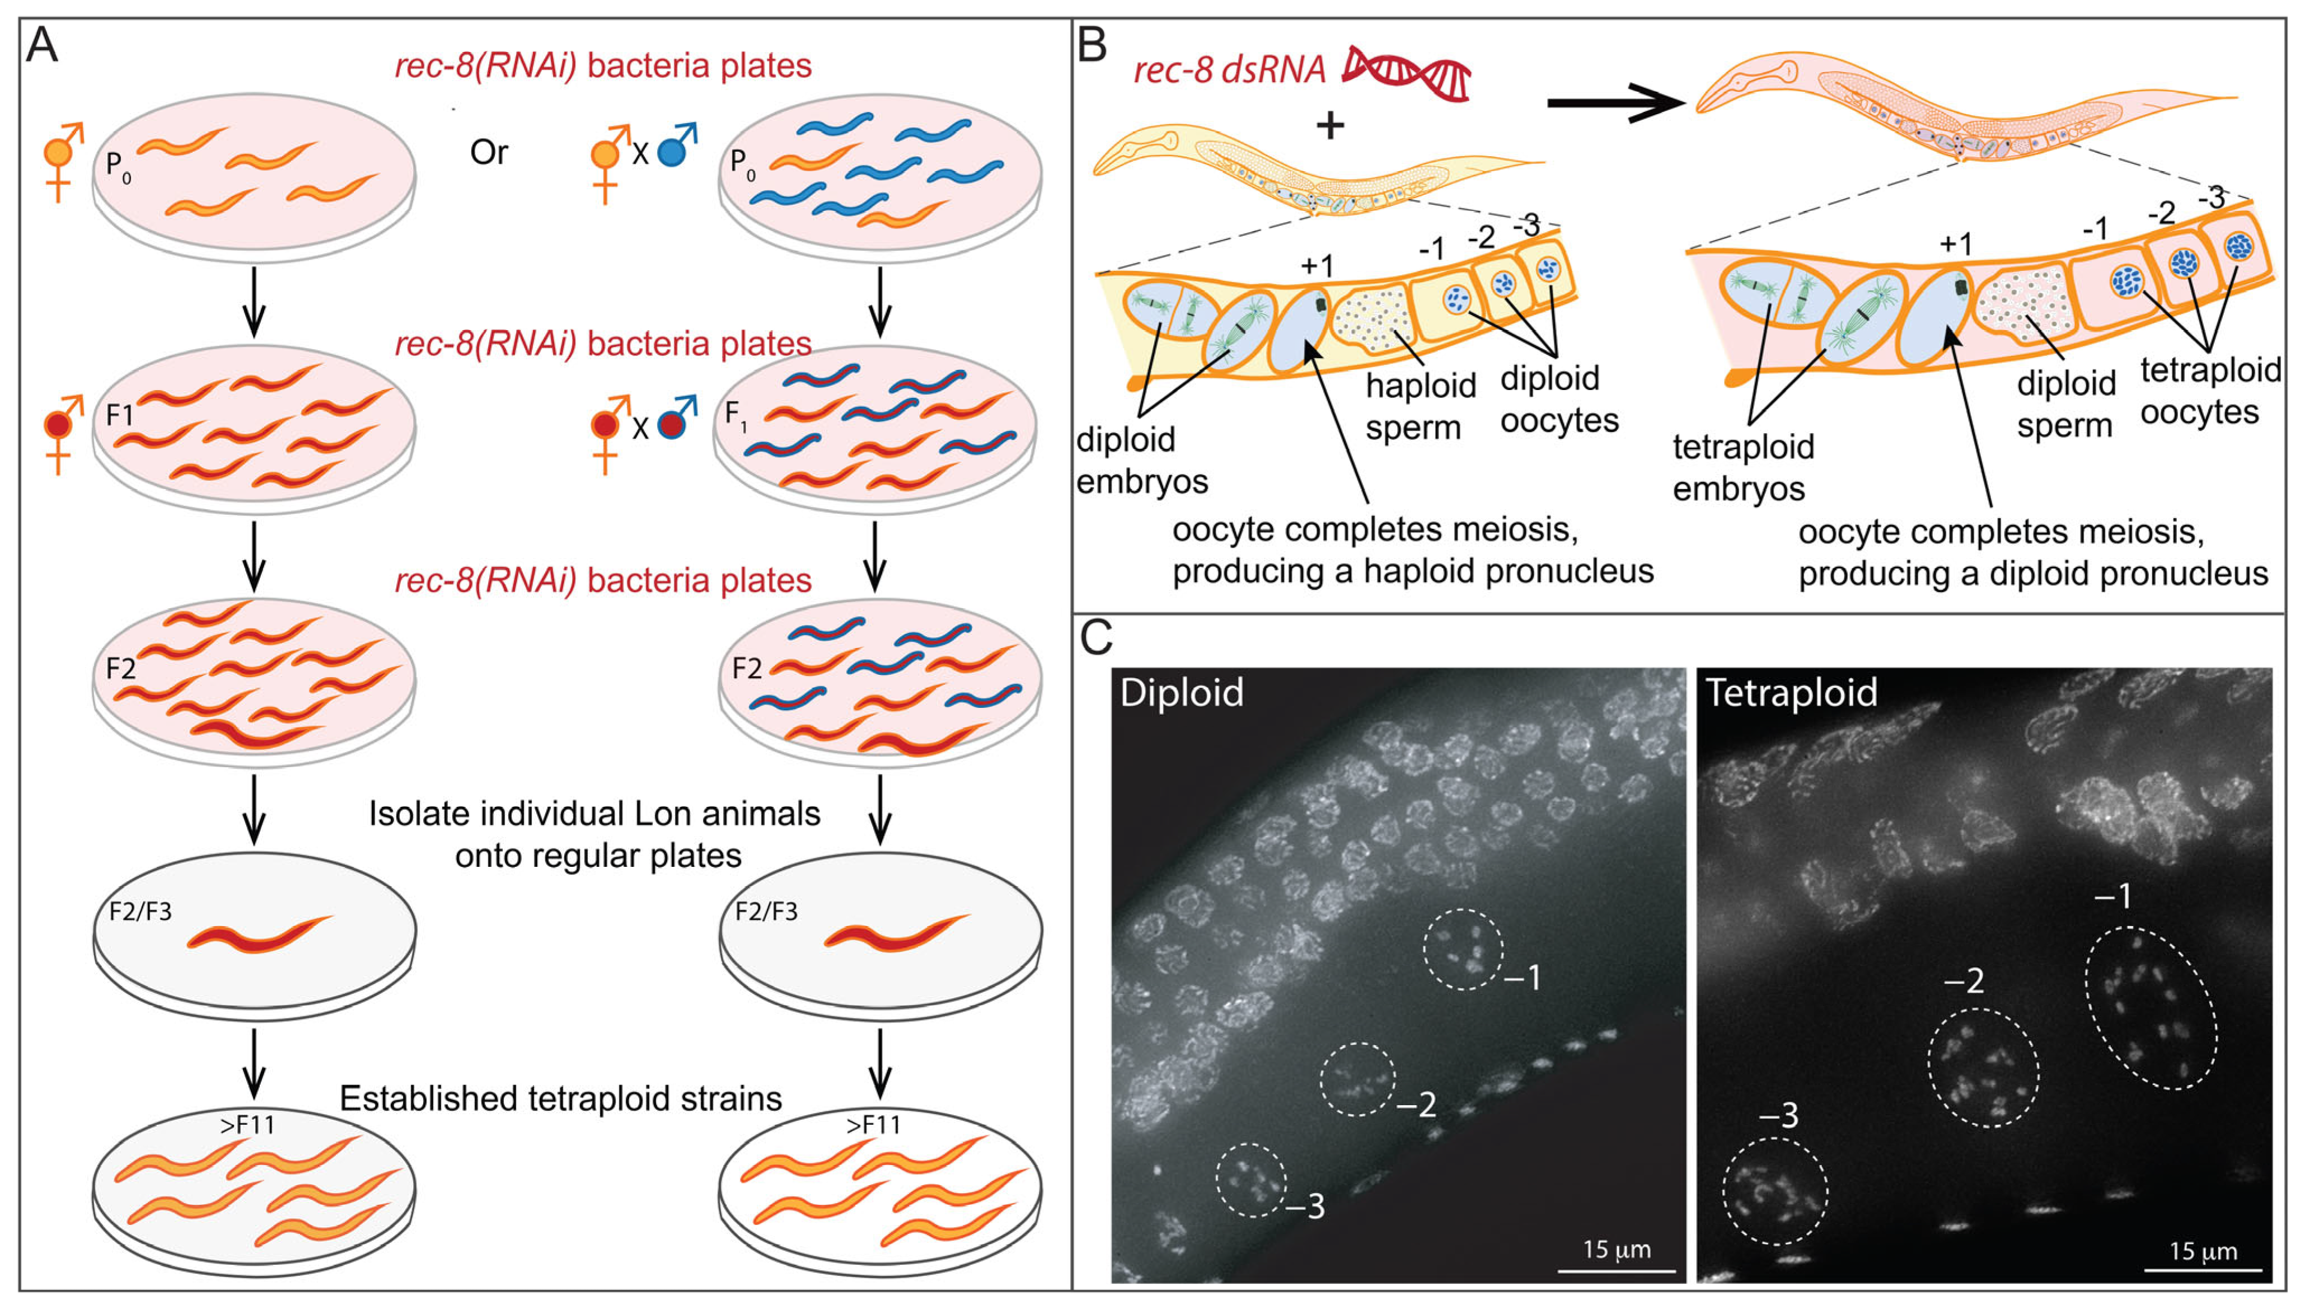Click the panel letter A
coord(41,45)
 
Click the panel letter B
coord(1092,45)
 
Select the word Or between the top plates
coord(489,152)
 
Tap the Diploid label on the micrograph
coord(1182,693)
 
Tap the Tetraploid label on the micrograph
coord(1790,693)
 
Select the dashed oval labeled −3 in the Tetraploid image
coord(1775,1190)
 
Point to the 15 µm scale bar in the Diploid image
coord(1616,1269)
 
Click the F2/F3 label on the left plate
coord(140,912)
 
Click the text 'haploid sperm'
coord(1419,406)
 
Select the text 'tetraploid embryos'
coord(1742,467)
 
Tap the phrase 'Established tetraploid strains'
coord(560,1098)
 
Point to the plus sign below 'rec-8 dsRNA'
coord(1330,125)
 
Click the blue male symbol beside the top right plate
coord(675,148)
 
